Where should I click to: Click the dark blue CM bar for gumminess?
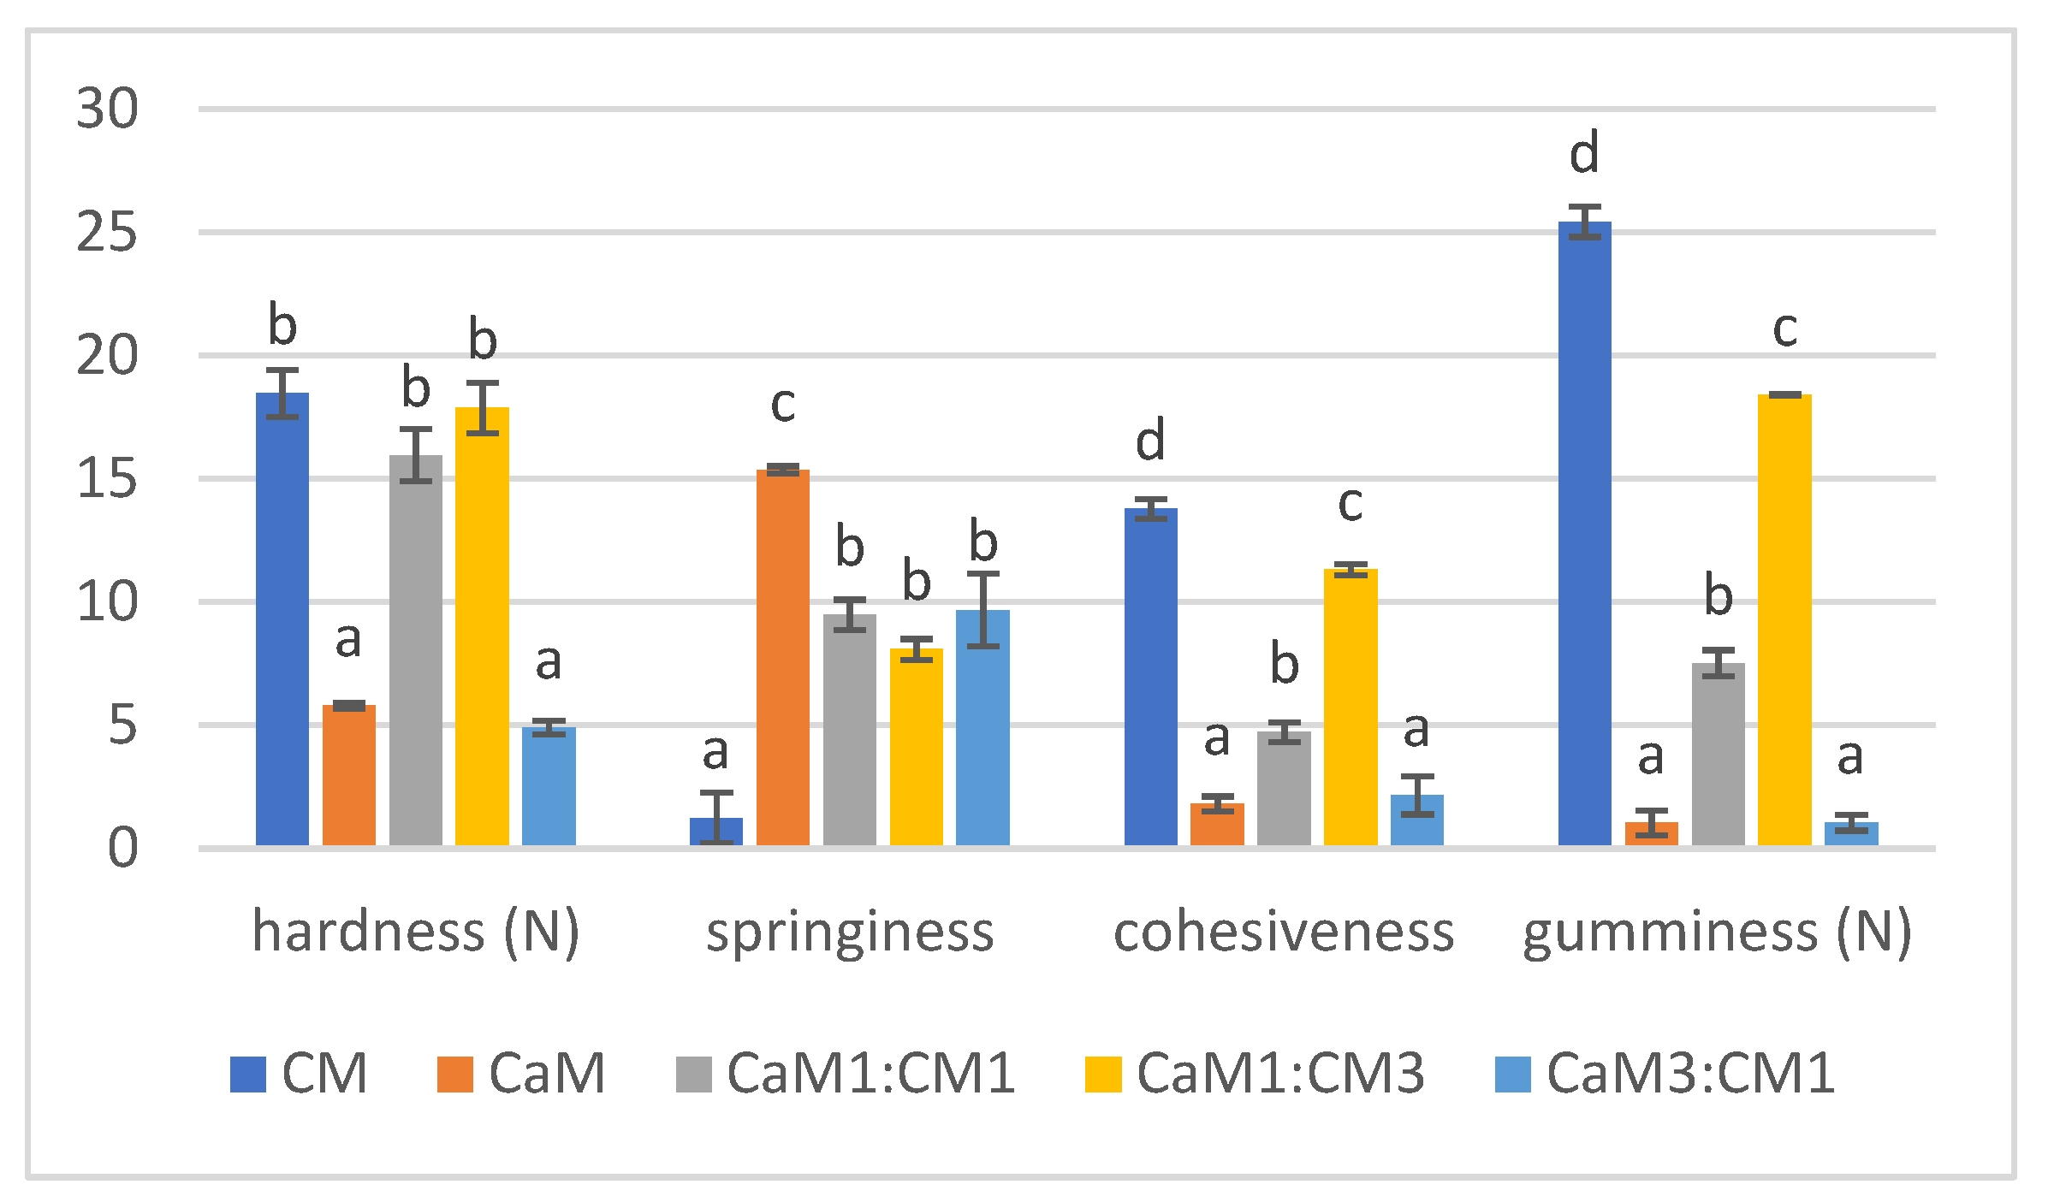point(1584,530)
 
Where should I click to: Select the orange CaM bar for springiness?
point(782,659)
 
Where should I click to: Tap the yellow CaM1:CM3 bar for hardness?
point(482,625)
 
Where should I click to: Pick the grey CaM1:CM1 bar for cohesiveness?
point(1284,787)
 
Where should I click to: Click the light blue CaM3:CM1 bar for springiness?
point(982,727)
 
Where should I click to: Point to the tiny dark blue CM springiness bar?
point(716,831)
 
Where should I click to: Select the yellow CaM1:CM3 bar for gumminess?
point(1784,616)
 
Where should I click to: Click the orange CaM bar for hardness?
point(348,774)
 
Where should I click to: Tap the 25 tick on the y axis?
point(107,232)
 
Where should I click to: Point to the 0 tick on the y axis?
point(122,848)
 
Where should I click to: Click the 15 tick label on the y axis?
point(107,478)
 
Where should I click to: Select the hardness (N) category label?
point(416,932)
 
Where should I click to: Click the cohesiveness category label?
point(1284,932)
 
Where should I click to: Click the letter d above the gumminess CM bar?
point(1584,154)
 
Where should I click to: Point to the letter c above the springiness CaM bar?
point(782,404)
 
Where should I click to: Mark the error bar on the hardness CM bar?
point(282,394)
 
